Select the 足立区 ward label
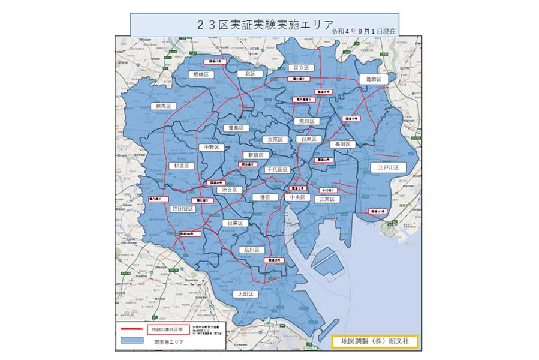coord(300,68)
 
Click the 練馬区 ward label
coord(164,106)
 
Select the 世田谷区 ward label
coord(182,209)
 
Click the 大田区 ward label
coord(246,294)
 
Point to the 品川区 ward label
coord(252,250)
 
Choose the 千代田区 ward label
coord(278,170)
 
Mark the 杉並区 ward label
coord(180,166)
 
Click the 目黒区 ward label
coord(234,223)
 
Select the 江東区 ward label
coord(329,199)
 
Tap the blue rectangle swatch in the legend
coord(132,341)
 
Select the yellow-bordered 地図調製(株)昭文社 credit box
coord(374,341)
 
